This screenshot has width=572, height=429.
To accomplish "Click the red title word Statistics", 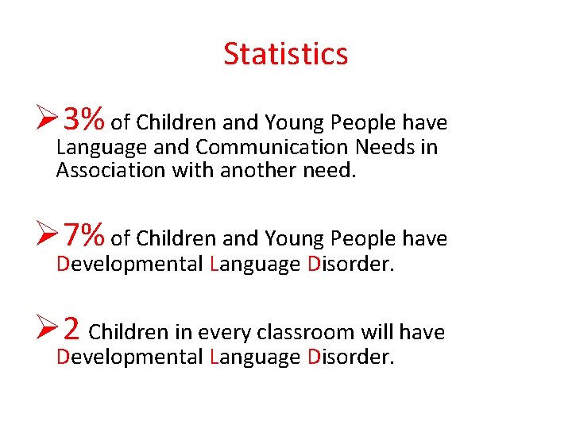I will pyautogui.click(x=286, y=54).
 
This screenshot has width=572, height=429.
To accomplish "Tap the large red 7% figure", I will pyautogui.click(x=84, y=235).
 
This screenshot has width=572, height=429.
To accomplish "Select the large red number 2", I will pyautogui.click(x=71, y=327).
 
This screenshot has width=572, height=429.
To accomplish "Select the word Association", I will pyautogui.click(x=111, y=170).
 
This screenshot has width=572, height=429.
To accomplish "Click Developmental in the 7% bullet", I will pyautogui.click(x=129, y=264).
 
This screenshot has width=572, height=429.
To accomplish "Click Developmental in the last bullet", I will pyautogui.click(x=129, y=357).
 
